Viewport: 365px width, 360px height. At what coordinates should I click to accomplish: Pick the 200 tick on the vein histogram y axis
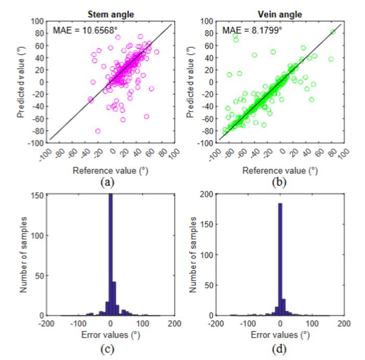(x=206, y=194)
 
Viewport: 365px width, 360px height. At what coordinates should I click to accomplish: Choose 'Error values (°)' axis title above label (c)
(x=111, y=335)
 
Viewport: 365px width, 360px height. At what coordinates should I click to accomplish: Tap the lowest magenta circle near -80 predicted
(x=98, y=131)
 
